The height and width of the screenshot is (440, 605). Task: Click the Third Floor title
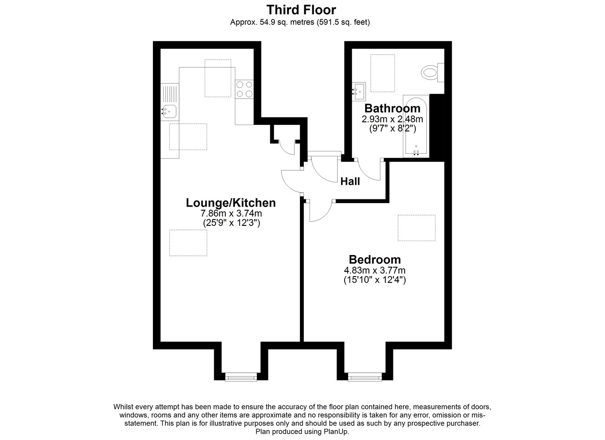(x=301, y=10)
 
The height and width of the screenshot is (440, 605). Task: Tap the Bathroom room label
(x=392, y=108)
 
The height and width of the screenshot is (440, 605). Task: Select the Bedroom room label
(x=375, y=259)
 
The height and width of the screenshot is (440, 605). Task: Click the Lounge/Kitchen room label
(x=231, y=203)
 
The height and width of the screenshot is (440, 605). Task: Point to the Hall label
(x=350, y=181)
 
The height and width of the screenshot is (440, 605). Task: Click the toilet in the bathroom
(x=432, y=73)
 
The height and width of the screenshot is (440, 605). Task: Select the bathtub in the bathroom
(x=416, y=126)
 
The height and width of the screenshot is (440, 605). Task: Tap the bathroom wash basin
(x=359, y=92)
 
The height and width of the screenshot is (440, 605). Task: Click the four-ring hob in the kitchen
(x=244, y=90)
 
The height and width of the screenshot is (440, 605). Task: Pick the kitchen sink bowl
(x=169, y=111)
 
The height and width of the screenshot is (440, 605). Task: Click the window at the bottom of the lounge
(x=241, y=377)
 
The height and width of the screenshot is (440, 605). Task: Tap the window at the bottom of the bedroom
(x=365, y=377)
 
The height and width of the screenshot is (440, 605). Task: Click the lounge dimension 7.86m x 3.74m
(x=231, y=213)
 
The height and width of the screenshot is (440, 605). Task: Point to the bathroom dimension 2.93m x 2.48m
(x=392, y=119)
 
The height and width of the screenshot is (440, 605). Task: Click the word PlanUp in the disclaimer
(x=336, y=431)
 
